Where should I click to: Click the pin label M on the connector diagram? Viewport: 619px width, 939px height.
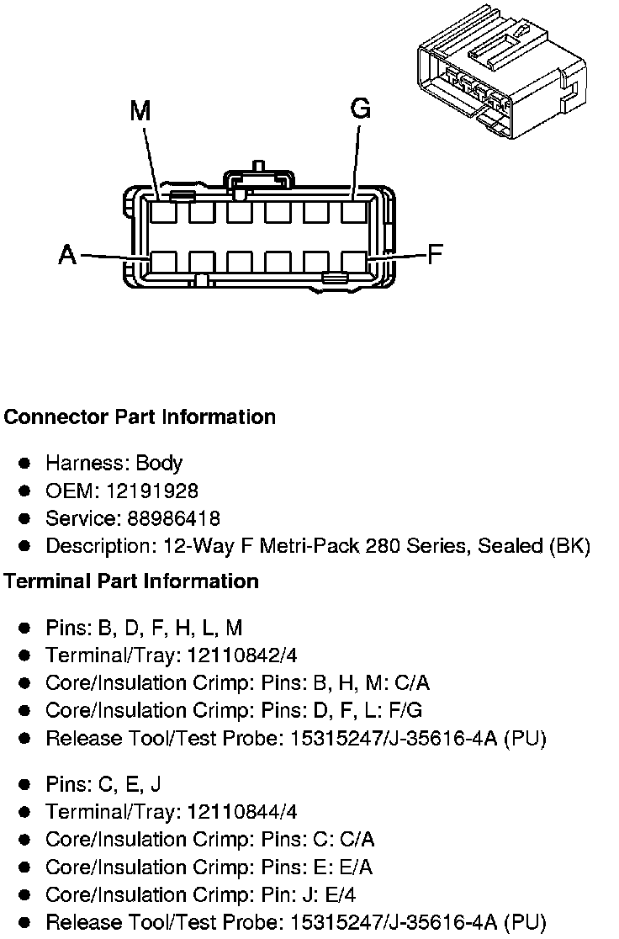tap(140, 111)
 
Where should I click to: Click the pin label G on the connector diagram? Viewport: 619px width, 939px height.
tap(360, 109)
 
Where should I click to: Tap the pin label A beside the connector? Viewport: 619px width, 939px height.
tap(68, 254)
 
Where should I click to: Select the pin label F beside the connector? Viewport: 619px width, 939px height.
tap(435, 253)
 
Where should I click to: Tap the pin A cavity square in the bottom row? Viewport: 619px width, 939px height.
tap(163, 263)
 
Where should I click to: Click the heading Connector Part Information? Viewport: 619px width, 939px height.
tap(140, 417)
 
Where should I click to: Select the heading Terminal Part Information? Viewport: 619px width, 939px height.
tap(131, 581)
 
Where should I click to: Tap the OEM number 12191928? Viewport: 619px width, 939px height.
tap(155, 491)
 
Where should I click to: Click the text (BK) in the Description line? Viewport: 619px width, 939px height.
tap(569, 546)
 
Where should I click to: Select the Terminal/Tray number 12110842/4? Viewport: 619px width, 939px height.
tap(242, 655)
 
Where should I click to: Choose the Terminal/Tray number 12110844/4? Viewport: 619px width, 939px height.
tap(242, 812)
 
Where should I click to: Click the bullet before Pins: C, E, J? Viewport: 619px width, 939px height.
tap(25, 784)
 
